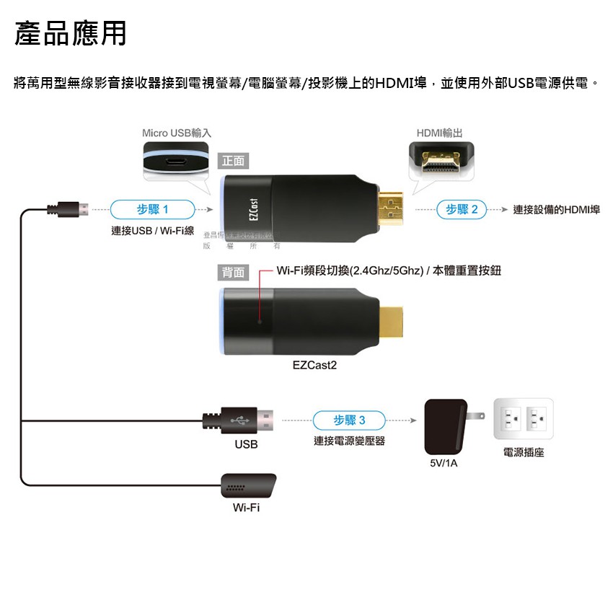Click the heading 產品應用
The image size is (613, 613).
pos(71,33)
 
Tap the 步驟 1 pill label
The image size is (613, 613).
pos(152,210)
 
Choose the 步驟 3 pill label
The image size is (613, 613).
pos(350,420)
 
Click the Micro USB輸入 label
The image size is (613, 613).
pos(177,133)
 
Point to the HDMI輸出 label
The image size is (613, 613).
pos(440,133)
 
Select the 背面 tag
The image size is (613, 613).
pos(234,273)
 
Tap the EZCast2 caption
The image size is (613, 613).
pos(314,366)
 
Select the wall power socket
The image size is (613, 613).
pos(523,419)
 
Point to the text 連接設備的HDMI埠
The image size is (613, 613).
pos(556,210)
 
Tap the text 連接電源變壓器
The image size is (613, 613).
pos(349,441)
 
